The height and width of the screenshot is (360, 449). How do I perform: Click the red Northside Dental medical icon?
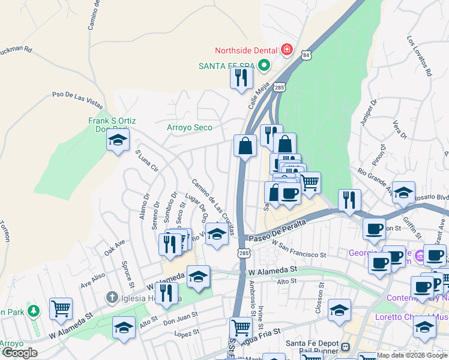click(x=286, y=49)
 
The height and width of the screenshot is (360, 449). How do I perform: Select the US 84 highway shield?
click(x=307, y=55)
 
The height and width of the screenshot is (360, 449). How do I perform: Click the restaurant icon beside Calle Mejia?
click(x=241, y=79)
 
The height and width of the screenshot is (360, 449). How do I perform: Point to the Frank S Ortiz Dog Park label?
click(x=112, y=125)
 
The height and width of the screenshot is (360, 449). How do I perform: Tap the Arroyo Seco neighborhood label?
click(x=190, y=127)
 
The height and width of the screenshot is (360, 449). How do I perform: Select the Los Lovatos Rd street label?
click(x=419, y=56)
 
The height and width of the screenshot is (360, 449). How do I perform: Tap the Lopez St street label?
click(x=186, y=332)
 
